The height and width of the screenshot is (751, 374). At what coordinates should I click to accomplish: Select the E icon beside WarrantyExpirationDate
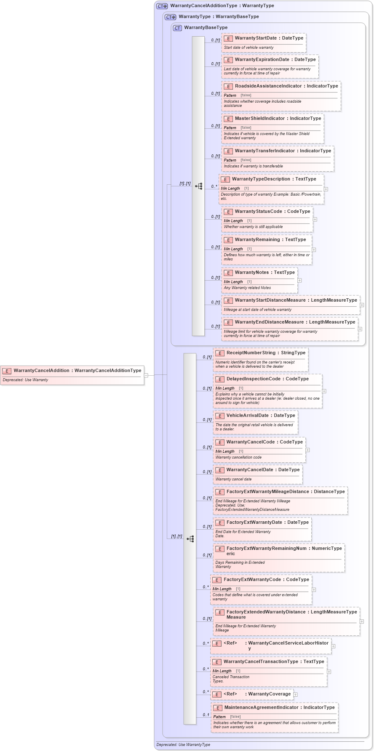pos(228,60)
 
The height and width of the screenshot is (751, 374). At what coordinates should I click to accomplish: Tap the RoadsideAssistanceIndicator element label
pos(268,86)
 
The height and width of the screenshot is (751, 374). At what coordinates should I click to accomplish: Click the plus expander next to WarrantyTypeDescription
pos(326,189)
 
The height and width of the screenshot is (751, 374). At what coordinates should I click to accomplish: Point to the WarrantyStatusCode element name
pos(258,212)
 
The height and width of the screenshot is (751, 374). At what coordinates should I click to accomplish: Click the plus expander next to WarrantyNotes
pos(299,280)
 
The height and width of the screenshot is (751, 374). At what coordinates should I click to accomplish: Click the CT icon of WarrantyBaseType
pos(177,28)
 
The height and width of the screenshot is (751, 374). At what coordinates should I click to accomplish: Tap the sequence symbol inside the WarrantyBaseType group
pos(199,186)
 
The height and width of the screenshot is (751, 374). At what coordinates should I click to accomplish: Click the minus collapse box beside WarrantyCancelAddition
pos(146,375)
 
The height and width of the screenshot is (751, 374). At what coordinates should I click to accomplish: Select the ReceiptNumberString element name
pos(251,353)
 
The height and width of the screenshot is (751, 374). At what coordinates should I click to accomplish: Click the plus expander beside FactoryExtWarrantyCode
pos(314,589)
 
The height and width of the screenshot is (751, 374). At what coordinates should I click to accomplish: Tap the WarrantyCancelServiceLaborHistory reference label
pos(288,643)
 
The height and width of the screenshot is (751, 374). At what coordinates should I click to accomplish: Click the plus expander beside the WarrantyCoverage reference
pos(296,695)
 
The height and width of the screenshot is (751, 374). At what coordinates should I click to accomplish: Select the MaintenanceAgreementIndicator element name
pos(262,708)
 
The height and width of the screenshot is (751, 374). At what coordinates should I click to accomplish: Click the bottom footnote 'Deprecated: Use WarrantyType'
pos(183,745)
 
